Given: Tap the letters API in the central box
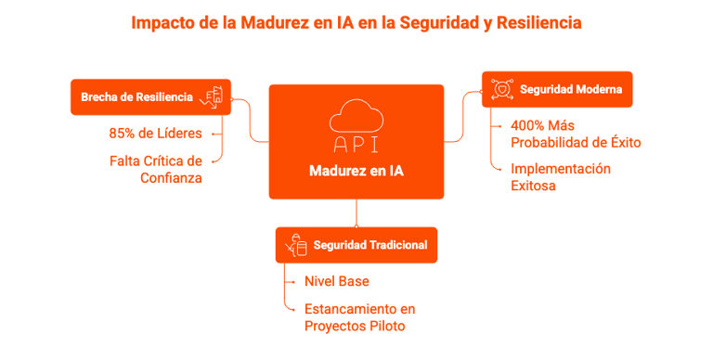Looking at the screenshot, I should (x=356, y=145).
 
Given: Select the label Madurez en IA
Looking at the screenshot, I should (x=356, y=171).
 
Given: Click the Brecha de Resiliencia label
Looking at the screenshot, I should (x=136, y=96).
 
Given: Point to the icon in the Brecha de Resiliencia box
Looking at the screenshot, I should (x=215, y=96).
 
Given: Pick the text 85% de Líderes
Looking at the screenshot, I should (x=155, y=133).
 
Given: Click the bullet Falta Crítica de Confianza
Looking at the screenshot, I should (x=155, y=168).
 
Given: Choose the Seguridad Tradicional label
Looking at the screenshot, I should (x=369, y=245).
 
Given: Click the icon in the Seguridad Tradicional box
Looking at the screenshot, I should (x=297, y=245).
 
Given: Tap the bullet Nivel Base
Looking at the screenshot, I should (x=336, y=281).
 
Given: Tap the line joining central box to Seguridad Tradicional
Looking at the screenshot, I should (x=356, y=213).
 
